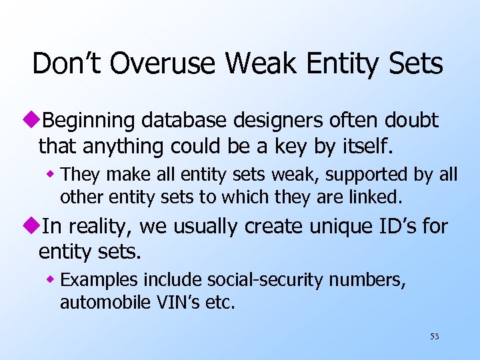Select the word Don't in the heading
point(64,64)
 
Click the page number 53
point(434,337)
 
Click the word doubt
point(411,121)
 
